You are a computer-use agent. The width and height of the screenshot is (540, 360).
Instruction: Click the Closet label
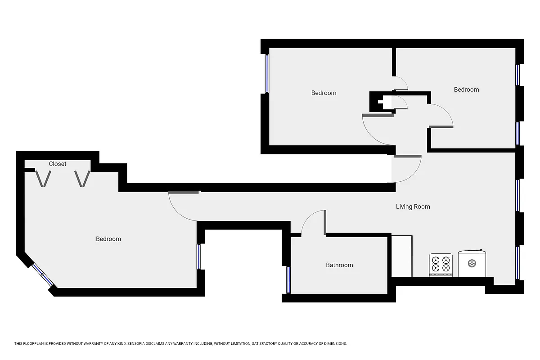tap(58, 164)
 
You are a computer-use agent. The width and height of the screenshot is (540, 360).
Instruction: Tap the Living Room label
tap(413, 207)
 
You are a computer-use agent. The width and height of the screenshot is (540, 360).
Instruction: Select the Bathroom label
tap(339, 265)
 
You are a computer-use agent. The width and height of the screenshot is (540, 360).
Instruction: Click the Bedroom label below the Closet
tap(108, 239)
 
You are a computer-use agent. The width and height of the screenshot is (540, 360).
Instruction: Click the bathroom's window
tap(288, 279)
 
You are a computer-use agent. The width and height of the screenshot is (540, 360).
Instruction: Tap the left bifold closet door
tap(43, 179)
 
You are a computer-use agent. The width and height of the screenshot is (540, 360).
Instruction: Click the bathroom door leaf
tap(325, 222)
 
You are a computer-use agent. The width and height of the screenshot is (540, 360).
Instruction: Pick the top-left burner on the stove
tap(436, 260)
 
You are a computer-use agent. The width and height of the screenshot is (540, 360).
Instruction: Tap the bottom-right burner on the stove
tap(446, 268)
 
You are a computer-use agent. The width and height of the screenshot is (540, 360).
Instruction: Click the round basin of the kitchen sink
tap(472, 263)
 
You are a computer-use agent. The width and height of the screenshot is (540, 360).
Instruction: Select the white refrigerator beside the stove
tap(402, 256)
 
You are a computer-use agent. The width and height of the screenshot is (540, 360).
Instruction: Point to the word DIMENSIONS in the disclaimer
tap(335, 344)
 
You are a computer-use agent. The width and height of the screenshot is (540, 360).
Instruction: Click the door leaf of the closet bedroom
tap(184, 193)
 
